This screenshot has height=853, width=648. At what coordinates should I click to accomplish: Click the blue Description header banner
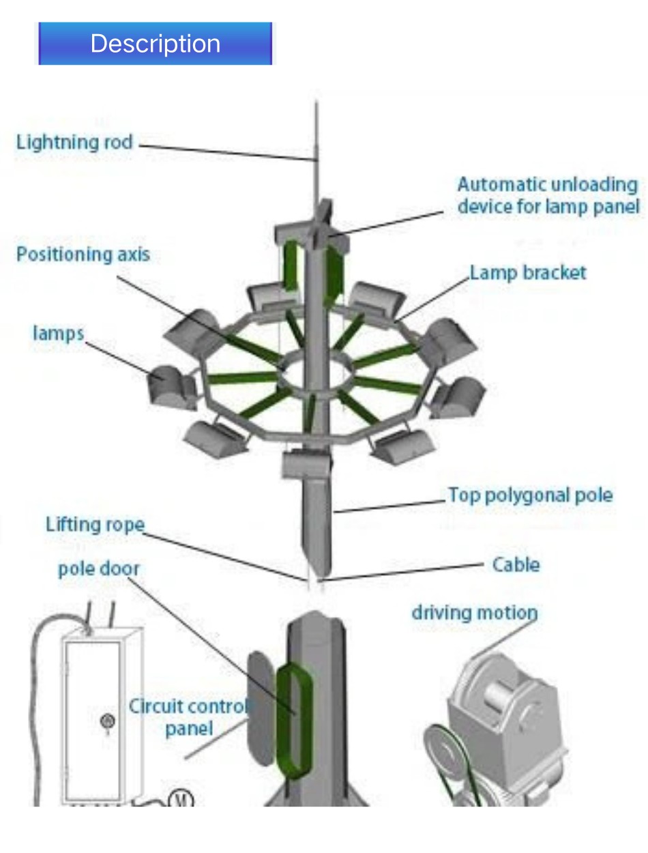[x=155, y=44]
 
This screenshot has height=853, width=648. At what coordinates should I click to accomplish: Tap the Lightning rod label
[x=74, y=143]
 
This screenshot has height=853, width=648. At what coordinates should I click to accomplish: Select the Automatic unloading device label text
[x=548, y=195]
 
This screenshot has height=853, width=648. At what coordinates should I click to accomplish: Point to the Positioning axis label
[x=83, y=255]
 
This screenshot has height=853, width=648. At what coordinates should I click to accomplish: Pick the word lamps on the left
[x=58, y=333]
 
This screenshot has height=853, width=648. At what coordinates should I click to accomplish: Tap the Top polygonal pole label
[x=530, y=495]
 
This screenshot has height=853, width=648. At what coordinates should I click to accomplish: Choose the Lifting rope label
[x=95, y=525]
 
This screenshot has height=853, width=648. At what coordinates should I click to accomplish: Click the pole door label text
[x=98, y=569]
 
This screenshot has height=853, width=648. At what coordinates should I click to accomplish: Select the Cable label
[x=516, y=564]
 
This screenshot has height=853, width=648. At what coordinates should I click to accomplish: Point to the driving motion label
[x=474, y=612]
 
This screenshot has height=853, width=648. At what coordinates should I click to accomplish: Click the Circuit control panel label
[x=188, y=717]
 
